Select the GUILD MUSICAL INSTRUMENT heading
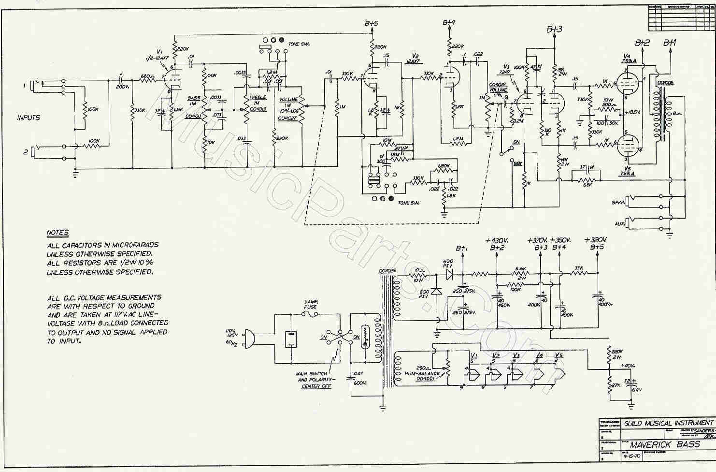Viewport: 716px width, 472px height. (668, 423)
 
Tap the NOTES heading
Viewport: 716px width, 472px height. (57, 233)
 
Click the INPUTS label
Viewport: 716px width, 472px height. (29, 118)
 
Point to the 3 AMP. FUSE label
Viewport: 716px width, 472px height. (311, 304)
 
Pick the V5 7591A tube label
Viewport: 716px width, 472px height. (627, 171)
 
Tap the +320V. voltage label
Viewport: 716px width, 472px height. (595, 240)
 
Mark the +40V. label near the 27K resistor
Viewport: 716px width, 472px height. (628, 366)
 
